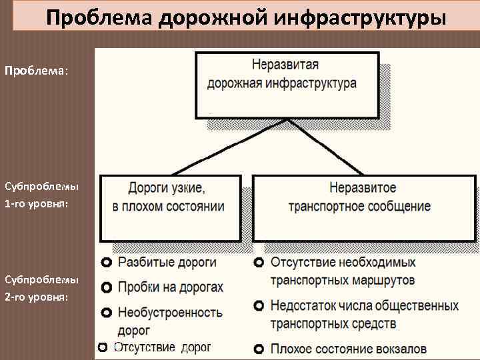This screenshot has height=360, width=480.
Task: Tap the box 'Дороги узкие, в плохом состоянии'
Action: pyautogui.click(x=170, y=207)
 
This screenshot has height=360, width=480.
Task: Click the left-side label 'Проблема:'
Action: pyautogui.click(x=36, y=70)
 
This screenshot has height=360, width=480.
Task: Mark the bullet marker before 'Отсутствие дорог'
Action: pyautogui.click(x=102, y=347)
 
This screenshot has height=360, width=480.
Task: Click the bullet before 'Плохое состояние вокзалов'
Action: pyautogui.click(x=259, y=348)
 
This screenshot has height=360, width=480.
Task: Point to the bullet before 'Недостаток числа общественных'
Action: pyautogui.click(x=259, y=306)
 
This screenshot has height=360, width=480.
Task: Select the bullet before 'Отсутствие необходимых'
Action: pyautogui.click(x=259, y=263)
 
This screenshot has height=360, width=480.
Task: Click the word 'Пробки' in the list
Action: pyautogui.click(x=137, y=288)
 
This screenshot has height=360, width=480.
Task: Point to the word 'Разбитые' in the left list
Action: pyautogui.click(x=142, y=263)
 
